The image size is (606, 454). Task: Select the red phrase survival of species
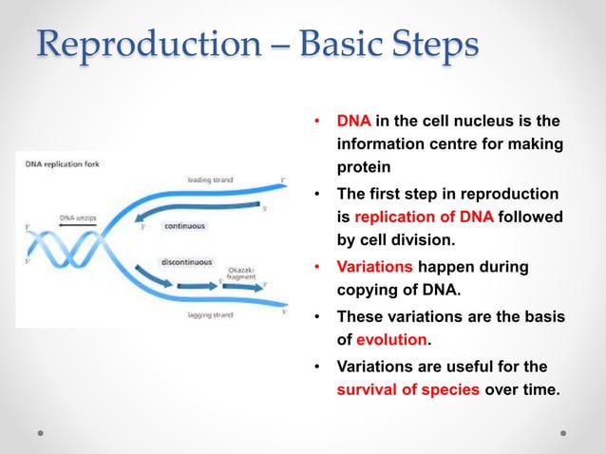(410, 388)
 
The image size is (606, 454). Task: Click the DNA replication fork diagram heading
(62, 163)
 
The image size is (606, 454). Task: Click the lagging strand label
(202, 314)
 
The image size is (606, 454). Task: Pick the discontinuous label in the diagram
(187, 261)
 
